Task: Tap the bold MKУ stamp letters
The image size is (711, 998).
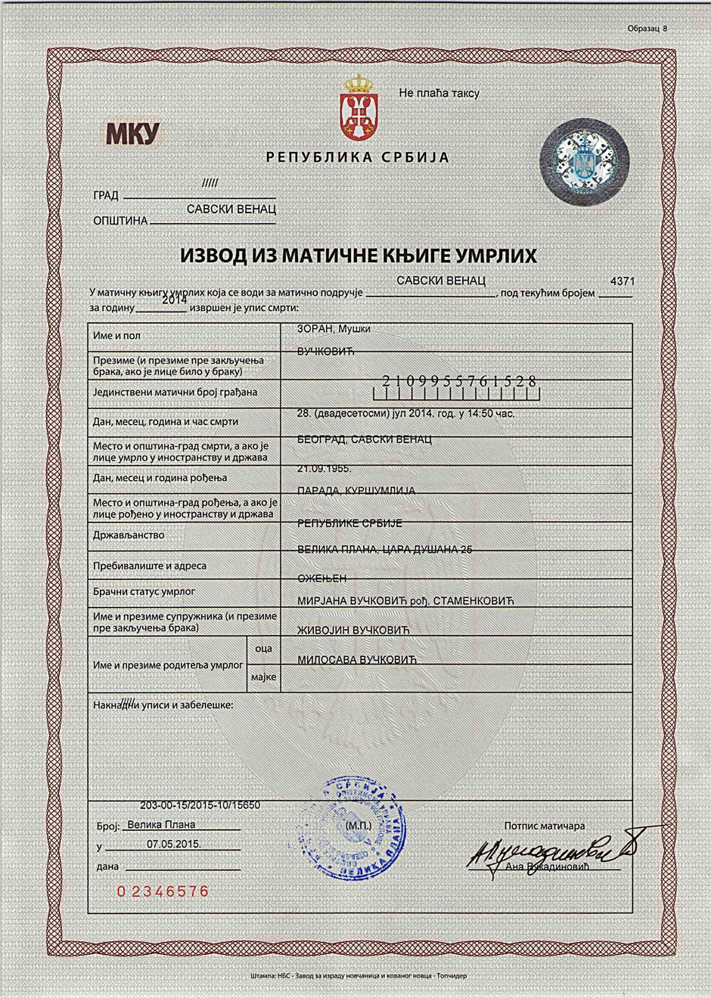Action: pos(132,133)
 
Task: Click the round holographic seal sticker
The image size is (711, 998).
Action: pos(584,162)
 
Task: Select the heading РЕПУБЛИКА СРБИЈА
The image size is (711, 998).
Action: pos(358,158)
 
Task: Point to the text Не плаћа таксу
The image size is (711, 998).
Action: pos(439,93)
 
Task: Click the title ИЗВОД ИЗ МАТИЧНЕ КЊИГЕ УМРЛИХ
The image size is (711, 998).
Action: pos(358,256)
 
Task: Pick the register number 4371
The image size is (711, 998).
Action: pos(622,281)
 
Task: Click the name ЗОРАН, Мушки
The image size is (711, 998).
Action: pos(334,329)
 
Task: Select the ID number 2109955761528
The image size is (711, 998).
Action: pos(459,382)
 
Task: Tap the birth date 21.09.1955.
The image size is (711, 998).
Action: pos(324,469)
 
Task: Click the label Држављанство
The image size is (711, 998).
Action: pos(129,535)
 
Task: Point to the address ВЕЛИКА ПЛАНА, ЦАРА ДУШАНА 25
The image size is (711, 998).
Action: pos(384,550)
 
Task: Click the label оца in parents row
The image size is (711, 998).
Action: pos(263,649)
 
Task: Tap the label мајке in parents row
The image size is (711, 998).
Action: pos(263,677)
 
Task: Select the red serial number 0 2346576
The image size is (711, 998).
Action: pos(163,891)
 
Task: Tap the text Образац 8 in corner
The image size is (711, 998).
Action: pos(647,29)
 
